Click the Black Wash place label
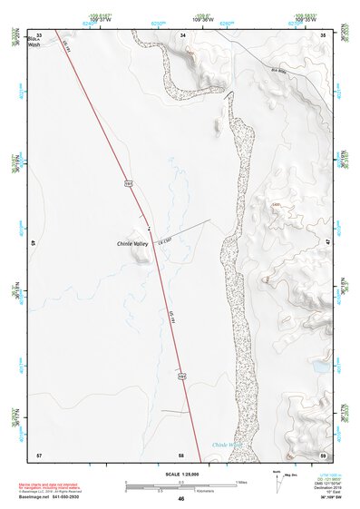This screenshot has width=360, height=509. (34, 42)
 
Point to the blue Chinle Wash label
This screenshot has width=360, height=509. (226, 445)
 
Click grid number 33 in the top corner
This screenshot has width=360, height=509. (39, 34)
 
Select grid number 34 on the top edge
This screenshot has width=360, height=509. (183, 34)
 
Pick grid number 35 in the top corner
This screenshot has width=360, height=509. (325, 34)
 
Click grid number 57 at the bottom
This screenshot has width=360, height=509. (39, 454)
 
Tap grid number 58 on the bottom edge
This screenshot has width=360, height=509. (181, 454)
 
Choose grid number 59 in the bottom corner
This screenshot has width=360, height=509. (324, 454)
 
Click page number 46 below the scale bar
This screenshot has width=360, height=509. (181, 498)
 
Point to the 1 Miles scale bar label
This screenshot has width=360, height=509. (240, 481)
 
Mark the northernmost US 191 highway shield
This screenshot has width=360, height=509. (129, 184)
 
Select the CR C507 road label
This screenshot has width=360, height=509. (164, 240)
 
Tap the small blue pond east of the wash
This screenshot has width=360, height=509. (320, 370)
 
